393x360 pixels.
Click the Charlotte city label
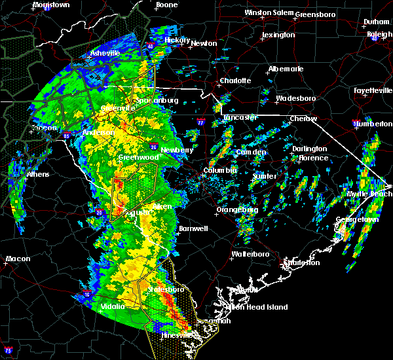235,81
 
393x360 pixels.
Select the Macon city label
18,259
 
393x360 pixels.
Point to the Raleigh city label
379,34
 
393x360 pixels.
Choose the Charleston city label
301,262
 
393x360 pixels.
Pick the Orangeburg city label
237,210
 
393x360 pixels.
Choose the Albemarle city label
285,69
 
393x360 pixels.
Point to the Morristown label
51,5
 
